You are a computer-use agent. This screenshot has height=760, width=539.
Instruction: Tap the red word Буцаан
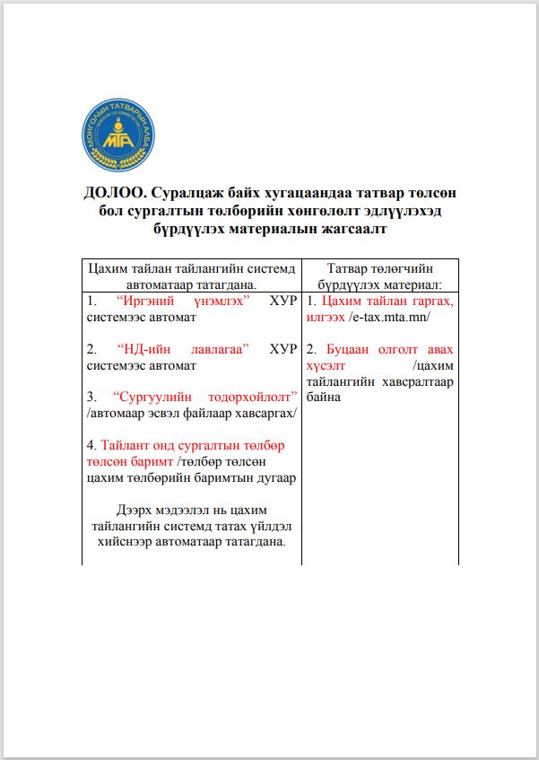(x=353, y=349)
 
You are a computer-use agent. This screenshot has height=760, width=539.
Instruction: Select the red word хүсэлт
(x=327, y=365)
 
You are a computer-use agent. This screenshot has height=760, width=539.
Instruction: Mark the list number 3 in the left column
(x=92, y=397)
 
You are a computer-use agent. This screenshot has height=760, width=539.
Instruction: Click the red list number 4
(x=91, y=445)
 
